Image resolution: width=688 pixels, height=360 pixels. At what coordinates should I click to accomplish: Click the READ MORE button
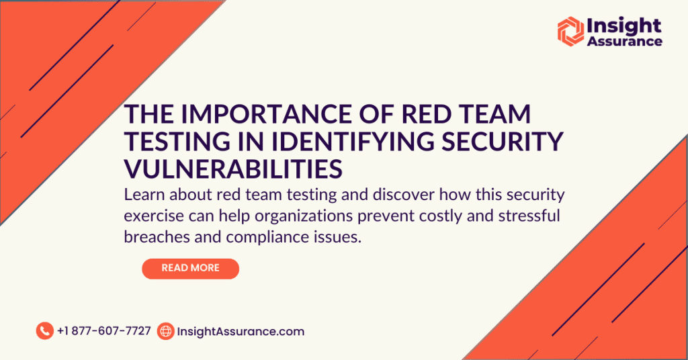click(190, 268)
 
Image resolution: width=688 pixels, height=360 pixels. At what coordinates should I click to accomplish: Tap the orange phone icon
click(44, 330)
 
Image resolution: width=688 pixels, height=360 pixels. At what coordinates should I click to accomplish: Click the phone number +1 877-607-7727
click(104, 331)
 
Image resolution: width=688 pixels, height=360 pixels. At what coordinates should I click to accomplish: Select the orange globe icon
click(165, 331)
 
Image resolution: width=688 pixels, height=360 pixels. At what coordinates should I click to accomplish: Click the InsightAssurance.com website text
click(240, 331)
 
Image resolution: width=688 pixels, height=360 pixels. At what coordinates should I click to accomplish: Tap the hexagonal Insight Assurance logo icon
click(570, 31)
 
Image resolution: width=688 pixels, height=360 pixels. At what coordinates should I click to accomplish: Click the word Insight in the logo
click(624, 26)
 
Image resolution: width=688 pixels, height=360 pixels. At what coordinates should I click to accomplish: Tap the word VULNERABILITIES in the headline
click(233, 169)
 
